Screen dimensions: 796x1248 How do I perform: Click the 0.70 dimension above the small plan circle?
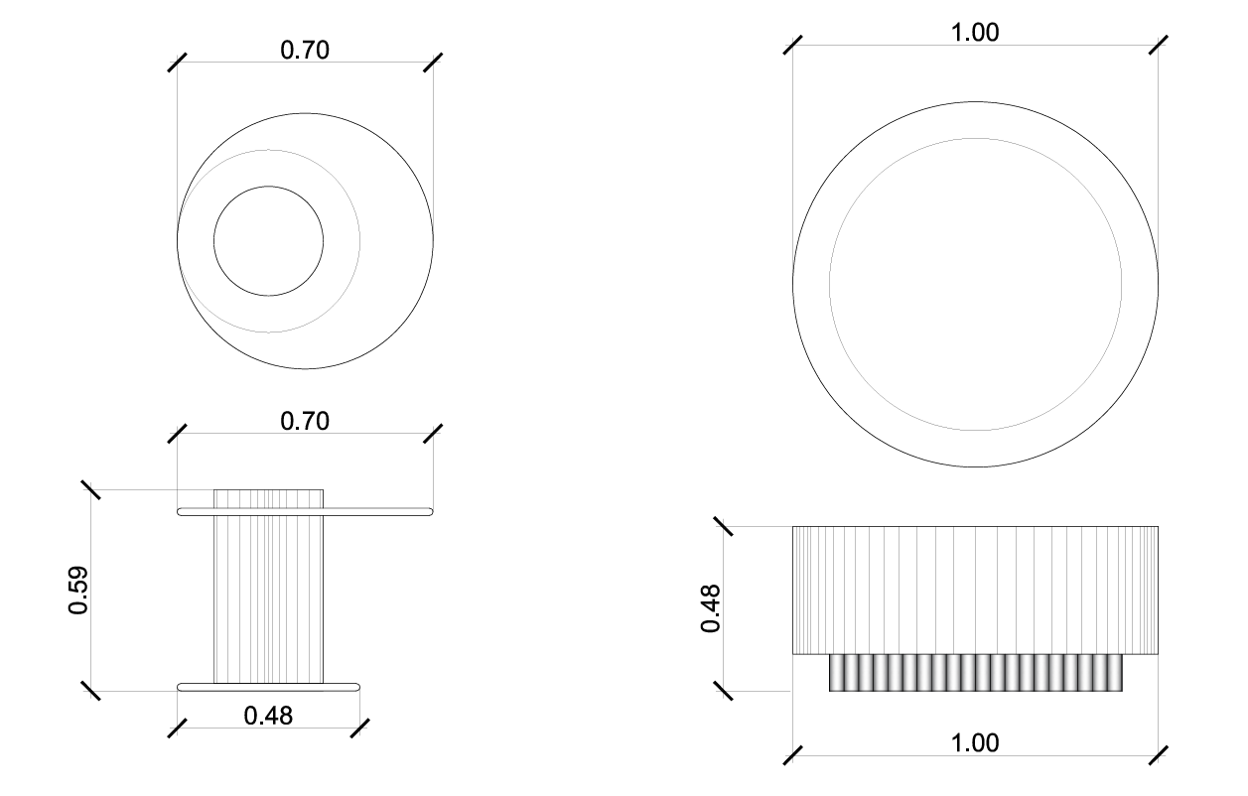(305, 50)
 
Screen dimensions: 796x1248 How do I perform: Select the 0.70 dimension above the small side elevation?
(305, 421)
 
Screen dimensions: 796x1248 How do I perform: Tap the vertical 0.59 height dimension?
(78, 590)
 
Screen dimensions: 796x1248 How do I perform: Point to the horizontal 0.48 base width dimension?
(268, 715)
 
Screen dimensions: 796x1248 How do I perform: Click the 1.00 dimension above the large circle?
(975, 33)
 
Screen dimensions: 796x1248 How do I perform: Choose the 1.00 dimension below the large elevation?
(975, 742)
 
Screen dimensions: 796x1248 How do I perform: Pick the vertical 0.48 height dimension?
(711, 607)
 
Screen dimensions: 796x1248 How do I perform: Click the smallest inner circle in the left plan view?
(269, 240)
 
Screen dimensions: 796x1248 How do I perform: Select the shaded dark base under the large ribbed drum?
(976, 673)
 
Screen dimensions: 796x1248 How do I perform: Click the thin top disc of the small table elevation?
(305, 511)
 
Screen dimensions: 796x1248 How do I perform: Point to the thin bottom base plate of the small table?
(268, 686)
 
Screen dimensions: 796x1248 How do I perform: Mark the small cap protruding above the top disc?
(269, 497)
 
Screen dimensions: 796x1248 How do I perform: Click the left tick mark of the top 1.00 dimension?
(792, 46)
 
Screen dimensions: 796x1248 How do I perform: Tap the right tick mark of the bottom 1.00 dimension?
(1158, 754)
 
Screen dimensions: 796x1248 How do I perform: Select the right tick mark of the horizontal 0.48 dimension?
(359, 728)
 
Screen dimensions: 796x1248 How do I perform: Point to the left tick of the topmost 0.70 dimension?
(178, 62)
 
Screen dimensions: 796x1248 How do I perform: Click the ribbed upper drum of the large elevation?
(975, 590)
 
